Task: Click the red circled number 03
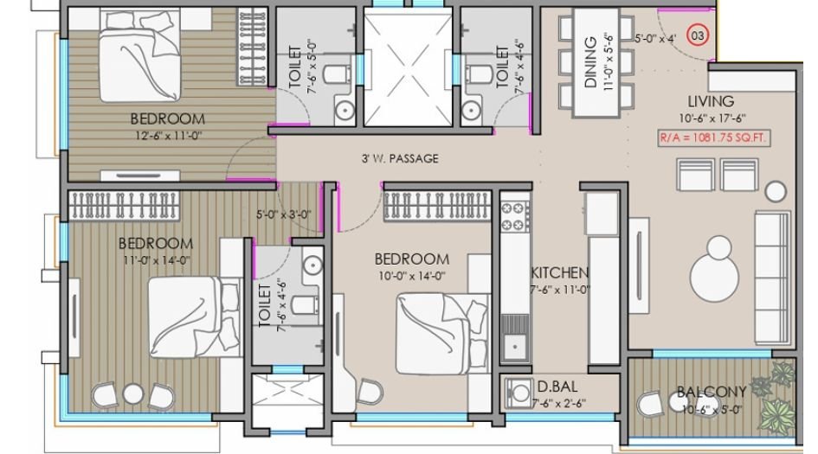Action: [x=696, y=36]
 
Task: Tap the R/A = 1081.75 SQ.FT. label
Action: [x=714, y=137]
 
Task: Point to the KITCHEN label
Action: [x=560, y=272]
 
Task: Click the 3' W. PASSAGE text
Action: [x=400, y=159]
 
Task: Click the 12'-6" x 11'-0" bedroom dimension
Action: [x=167, y=135]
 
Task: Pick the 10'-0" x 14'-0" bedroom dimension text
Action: [x=411, y=276]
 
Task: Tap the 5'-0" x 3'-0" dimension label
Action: [x=283, y=214]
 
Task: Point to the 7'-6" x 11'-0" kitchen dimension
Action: [x=560, y=291]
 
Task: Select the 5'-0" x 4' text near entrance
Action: [x=655, y=39]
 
